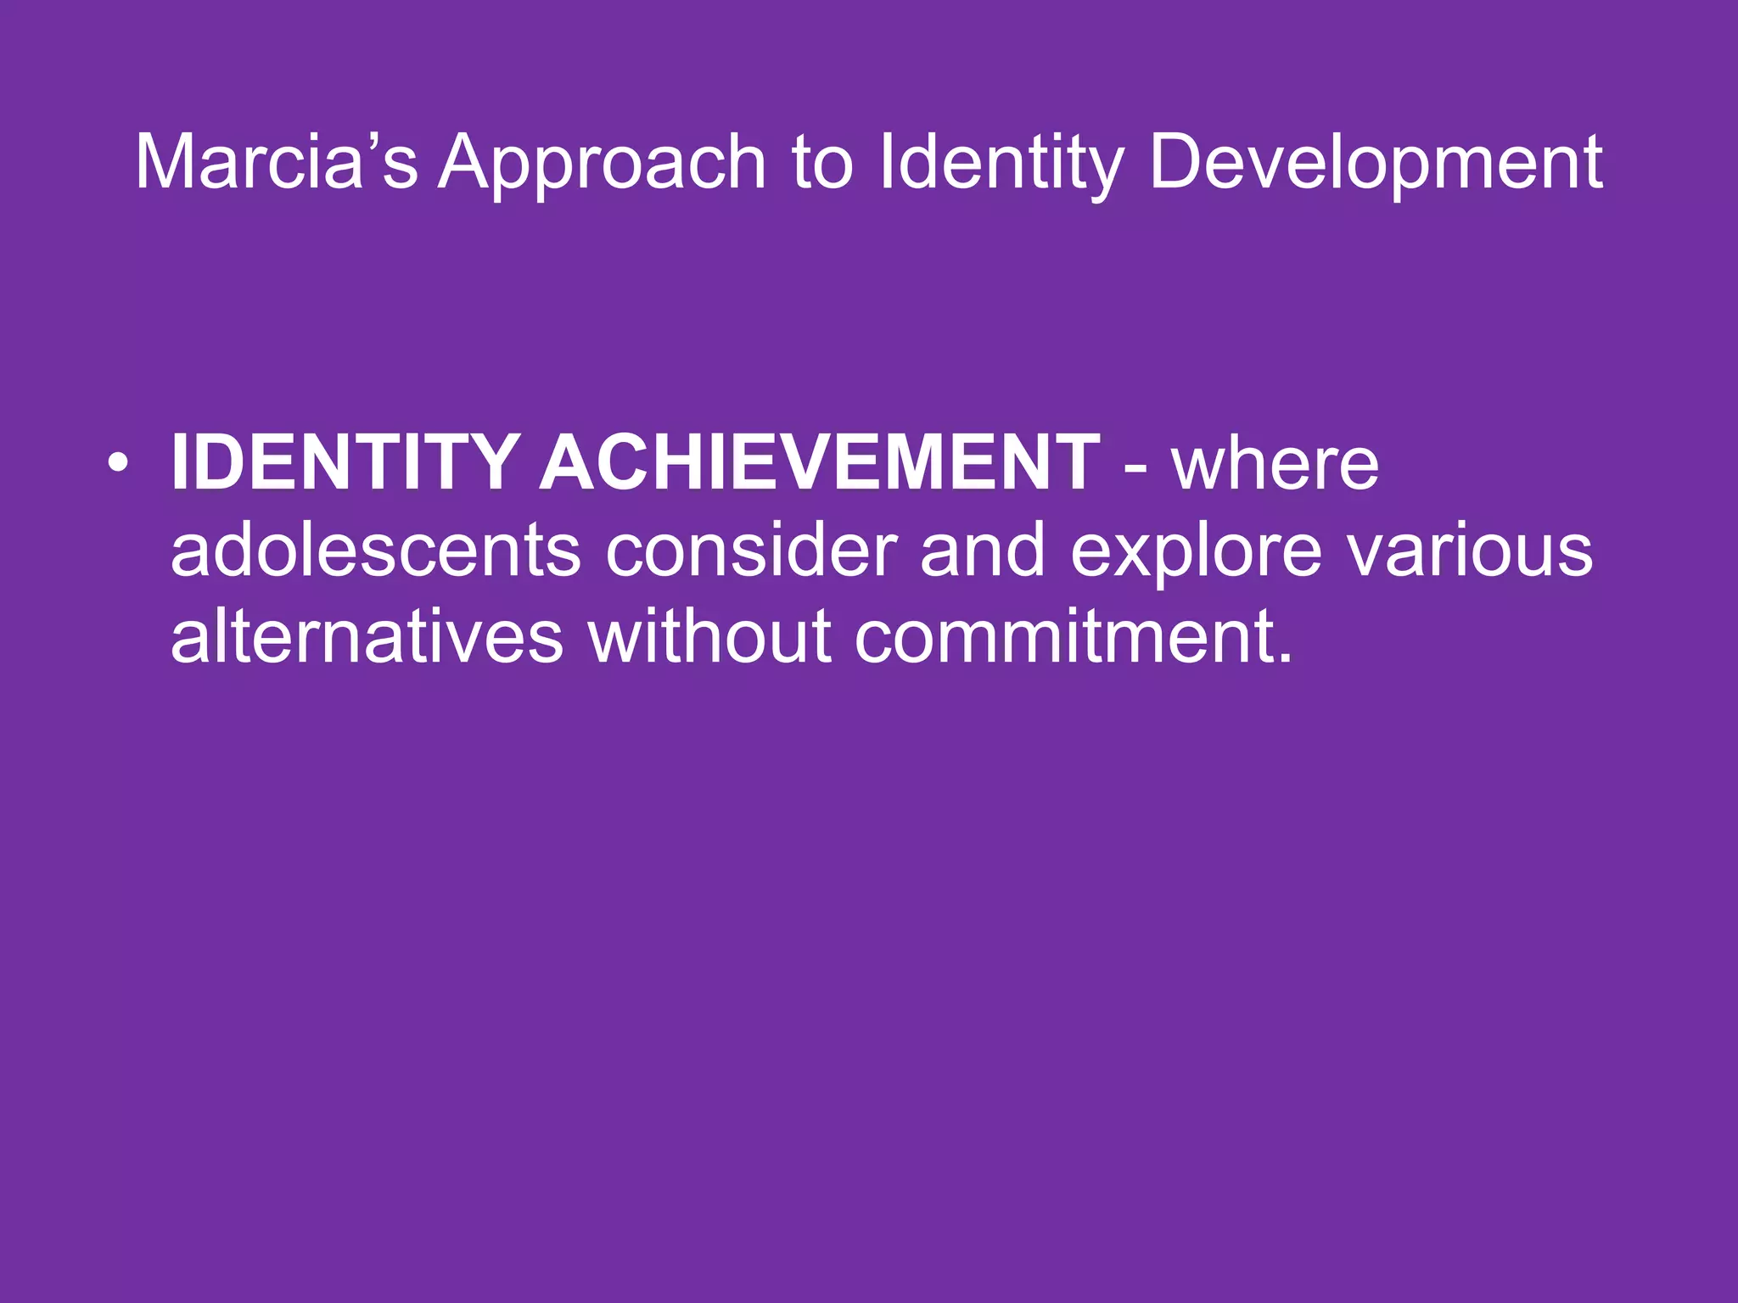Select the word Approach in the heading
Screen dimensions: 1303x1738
click(x=603, y=163)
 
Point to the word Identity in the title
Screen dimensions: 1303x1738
click(x=1001, y=163)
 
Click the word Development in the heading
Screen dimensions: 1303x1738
click(x=1375, y=163)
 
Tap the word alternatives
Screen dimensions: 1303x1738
click(x=367, y=636)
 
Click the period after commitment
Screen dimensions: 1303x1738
click(x=1284, y=658)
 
